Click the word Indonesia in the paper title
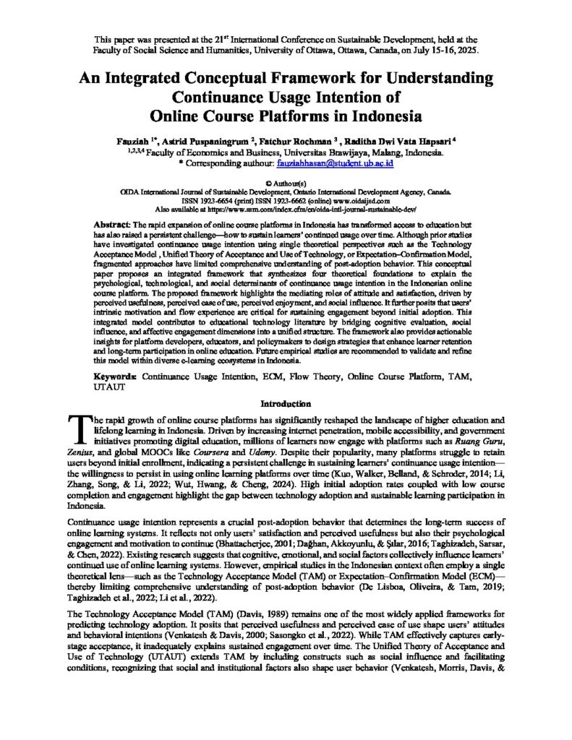381,116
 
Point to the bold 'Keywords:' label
116,377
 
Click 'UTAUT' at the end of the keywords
111,387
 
